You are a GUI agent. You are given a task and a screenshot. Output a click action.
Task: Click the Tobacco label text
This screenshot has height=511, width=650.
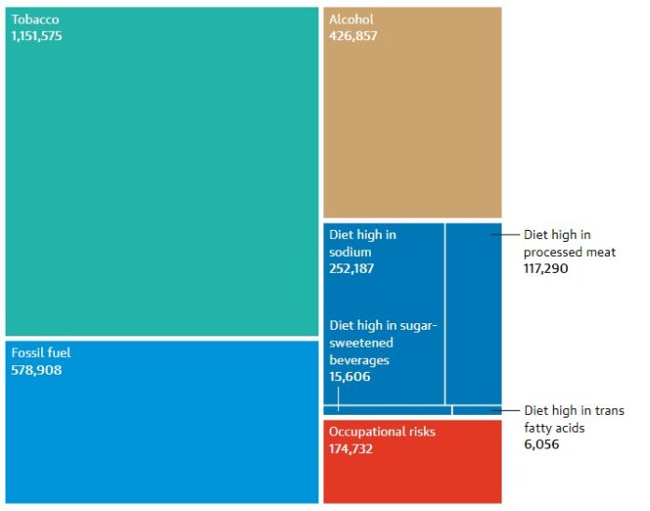tap(35, 20)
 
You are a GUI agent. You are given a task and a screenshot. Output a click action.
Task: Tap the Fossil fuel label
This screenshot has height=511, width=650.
tap(41, 353)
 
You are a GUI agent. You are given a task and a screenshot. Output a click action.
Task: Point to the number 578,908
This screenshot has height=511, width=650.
tap(36, 370)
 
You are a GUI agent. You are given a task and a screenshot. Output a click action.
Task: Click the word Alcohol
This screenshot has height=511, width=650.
tap(351, 20)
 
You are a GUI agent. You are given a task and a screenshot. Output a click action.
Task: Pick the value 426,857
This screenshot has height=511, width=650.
tap(353, 36)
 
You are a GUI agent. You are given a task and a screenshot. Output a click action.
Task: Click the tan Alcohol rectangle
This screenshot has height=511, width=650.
tap(412, 131)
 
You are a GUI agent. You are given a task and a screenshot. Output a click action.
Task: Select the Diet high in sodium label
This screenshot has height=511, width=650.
tap(362, 243)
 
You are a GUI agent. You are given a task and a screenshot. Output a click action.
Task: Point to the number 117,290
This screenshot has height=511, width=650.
tap(545, 269)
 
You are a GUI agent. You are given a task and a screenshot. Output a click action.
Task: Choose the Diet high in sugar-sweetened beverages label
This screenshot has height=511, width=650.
tap(383, 342)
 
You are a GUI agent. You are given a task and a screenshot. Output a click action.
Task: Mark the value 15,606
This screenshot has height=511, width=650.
tap(349, 376)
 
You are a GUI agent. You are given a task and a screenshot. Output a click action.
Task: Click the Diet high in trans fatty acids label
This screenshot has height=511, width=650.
tap(573, 419)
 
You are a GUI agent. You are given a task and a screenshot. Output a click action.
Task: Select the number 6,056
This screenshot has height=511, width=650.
tap(542, 445)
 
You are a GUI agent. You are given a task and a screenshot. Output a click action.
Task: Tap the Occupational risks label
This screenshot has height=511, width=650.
tap(382, 432)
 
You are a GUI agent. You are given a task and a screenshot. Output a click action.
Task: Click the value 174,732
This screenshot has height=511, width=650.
tap(353, 448)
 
